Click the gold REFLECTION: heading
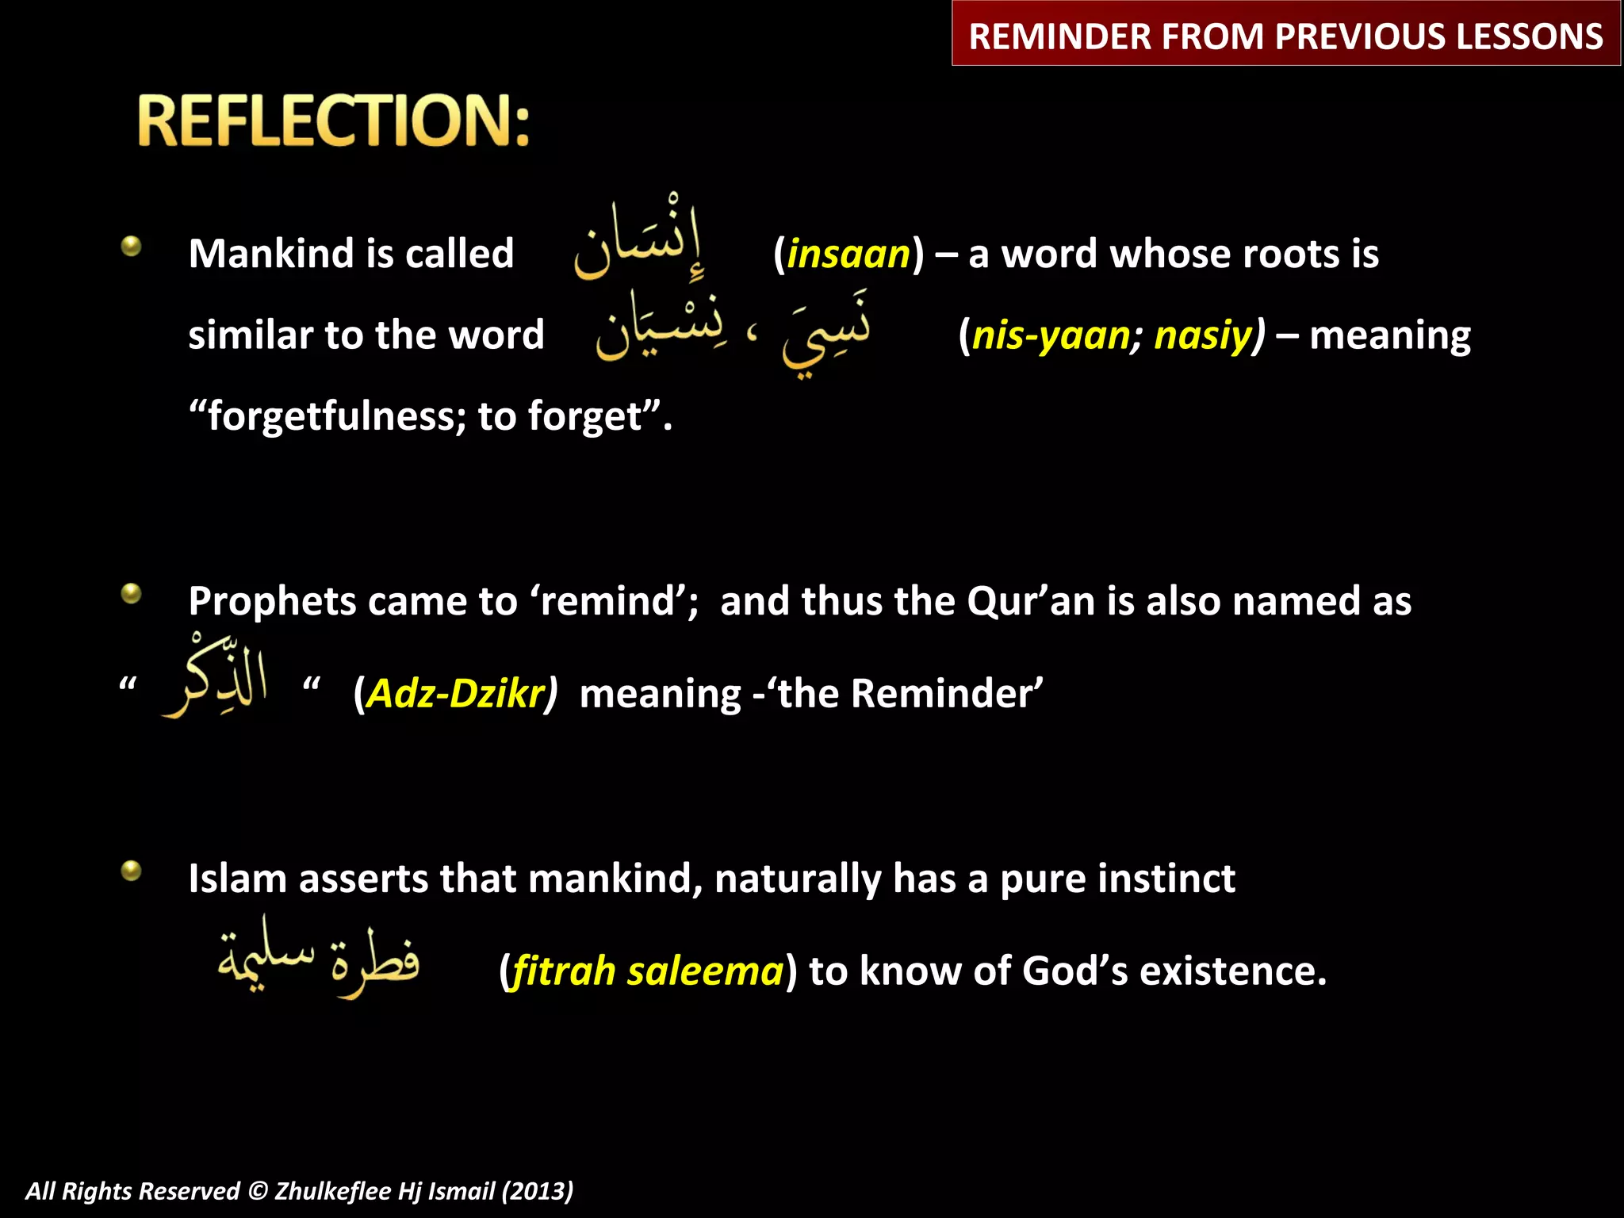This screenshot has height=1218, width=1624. tap(333, 121)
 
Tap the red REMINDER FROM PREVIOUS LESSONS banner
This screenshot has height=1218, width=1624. tap(1285, 36)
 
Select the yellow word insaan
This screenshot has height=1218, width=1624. tap(848, 255)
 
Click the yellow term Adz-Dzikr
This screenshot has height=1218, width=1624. tap(457, 694)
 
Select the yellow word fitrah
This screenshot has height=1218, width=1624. tap(564, 971)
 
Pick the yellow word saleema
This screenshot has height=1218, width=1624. tap(705, 971)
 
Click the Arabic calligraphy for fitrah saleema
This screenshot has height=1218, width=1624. tap(319, 958)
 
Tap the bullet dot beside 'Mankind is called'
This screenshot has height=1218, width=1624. tap(132, 246)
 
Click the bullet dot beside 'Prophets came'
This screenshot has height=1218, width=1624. tap(132, 593)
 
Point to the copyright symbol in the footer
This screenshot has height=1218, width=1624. tap(258, 1191)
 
